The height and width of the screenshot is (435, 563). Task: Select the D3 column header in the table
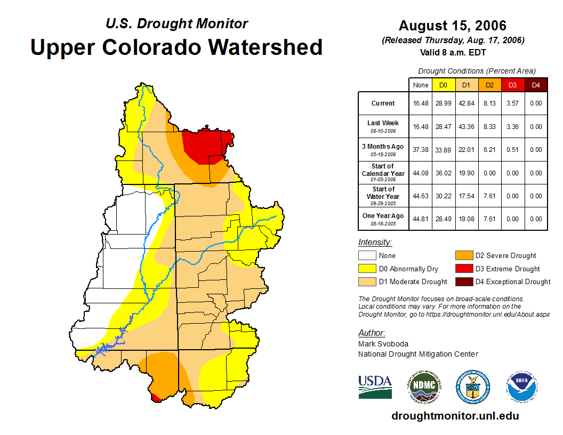pyautogui.click(x=512, y=85)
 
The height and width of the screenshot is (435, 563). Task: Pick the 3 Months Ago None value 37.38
pyautogui.click(x=421, y=150)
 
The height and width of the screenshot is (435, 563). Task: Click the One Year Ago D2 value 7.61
pyautogui.click(x=489, y=219)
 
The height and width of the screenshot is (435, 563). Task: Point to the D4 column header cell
pyautogui.click(x=536, y=85)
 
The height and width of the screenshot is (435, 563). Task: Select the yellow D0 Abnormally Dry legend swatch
pyautogui.click(x=367, y=269)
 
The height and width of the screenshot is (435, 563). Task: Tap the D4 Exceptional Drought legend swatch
pyautogui.click(x=464, y=281)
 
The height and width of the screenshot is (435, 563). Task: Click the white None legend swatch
pyautogui.click(x=367, y=256)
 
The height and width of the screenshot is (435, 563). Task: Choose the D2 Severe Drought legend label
pyautogui.click(x=506, y=256)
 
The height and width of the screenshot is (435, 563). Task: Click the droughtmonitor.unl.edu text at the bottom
pyautogui.click(x=455, y=416)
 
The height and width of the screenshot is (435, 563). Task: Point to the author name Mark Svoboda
pyautogui.click(x=383, y=344)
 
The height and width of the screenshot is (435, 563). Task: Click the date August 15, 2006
pyautogui.click(x=453, y=26)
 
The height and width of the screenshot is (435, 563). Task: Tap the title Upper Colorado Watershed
pyautogui.click(x=176, y=47)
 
